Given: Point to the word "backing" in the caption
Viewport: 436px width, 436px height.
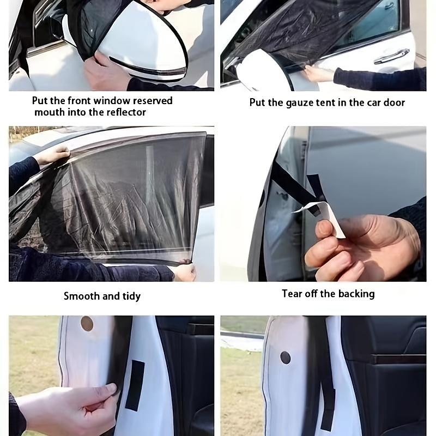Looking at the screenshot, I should pos(355,294).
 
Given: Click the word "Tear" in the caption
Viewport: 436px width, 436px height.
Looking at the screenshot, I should pos(292,294).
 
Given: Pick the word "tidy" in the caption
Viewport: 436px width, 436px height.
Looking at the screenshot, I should pos(131,296).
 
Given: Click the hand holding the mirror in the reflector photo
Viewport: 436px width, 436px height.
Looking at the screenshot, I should pos(106,72).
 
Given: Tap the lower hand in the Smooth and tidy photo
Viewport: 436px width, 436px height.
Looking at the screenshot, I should pos(184,271).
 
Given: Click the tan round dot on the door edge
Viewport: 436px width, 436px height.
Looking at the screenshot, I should pos(87,324).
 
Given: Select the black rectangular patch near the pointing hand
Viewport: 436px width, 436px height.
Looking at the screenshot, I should pos(135,385).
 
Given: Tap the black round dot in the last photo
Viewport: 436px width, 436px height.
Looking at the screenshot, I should pos(285,358).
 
